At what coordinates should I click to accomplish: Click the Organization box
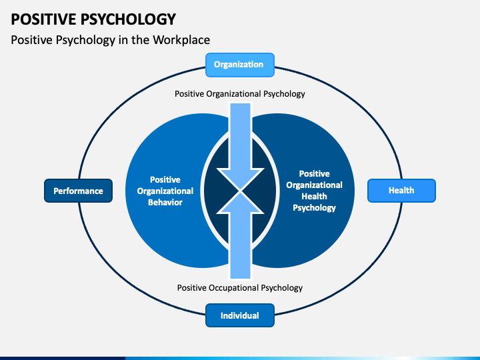pos(240,65)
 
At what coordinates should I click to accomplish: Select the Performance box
pos(79,191)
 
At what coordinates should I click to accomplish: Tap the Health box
pos(401,191)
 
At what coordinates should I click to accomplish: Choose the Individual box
pos(240,315)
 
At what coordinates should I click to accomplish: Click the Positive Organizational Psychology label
pos(240,94)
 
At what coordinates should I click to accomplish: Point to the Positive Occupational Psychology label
pos(240,288)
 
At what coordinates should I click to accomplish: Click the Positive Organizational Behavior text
pos(165,191)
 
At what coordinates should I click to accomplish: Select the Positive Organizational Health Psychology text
pos(315,191)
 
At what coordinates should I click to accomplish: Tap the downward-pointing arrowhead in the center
pos(240,179)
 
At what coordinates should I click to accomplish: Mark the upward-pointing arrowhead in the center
pos(240,202)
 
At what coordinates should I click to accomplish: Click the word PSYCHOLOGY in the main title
pos(128,19)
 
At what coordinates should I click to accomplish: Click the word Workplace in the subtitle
pos(181,40)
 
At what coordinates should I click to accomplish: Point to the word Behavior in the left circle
pos(165,203)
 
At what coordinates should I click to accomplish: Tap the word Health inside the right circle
pos(315,196)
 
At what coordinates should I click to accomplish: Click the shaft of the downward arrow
pos(240,135)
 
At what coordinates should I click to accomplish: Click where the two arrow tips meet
pos(240,191)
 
